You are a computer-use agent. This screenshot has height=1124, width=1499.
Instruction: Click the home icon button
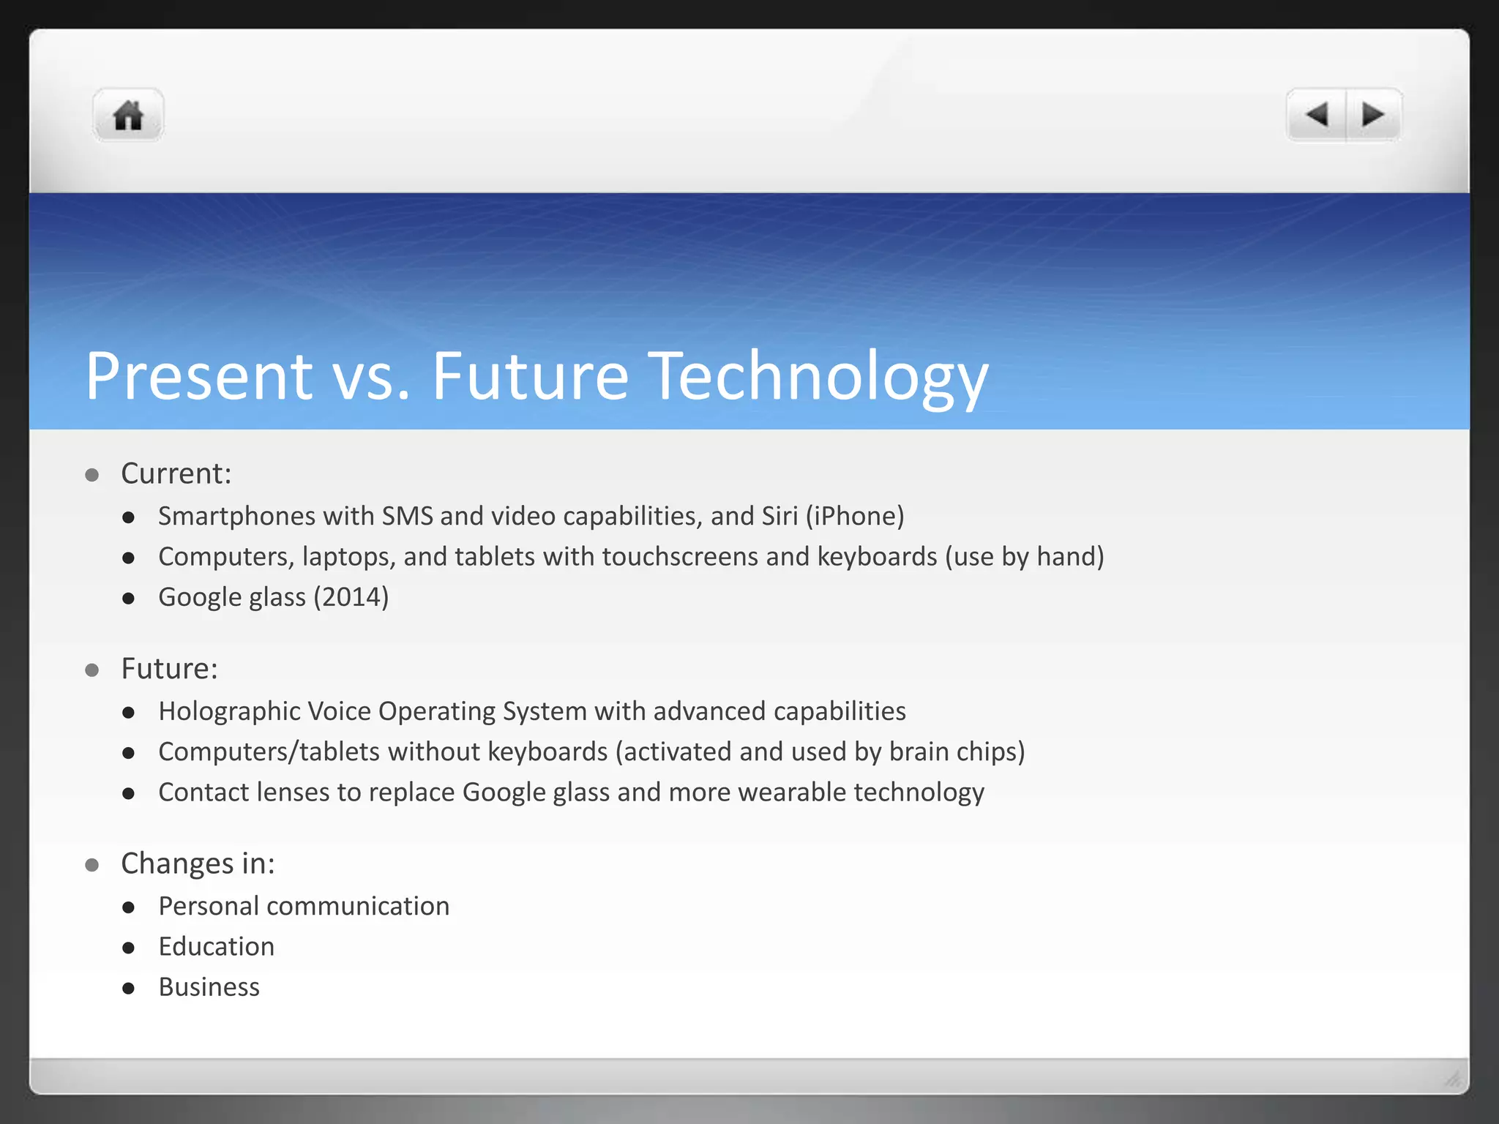click(x=128, y=116)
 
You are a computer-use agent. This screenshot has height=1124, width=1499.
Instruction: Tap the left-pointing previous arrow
click(x=1317, y=115)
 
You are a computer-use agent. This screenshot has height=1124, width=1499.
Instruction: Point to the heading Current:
click(x=176, y=474)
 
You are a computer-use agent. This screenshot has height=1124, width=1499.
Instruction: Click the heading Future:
click(x=169, y=669)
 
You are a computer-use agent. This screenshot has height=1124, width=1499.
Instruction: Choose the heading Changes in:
click(x=198, y=864)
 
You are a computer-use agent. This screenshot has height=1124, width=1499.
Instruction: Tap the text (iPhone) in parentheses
click(x=854, y=517)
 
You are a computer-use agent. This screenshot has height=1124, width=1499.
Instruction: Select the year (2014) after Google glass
click(x=351, y=597)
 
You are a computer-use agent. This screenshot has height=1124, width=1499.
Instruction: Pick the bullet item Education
click(x=216, y=947)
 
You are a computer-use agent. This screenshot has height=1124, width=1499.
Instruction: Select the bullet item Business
click(x=209, y=987)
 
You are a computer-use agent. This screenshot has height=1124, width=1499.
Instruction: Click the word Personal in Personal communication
click(x=209, y=907)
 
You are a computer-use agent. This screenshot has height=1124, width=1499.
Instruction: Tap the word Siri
click(x=779, y=517)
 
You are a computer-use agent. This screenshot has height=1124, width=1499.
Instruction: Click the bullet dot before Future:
click(x=92, y=670)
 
